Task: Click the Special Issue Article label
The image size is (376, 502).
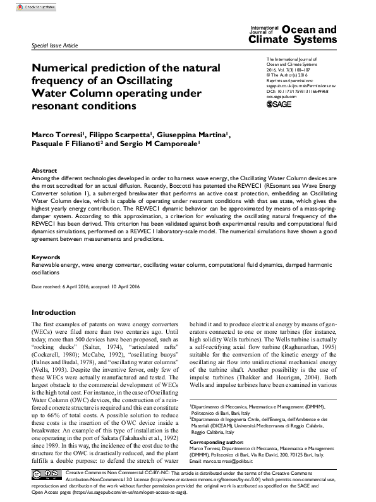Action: (55, 47)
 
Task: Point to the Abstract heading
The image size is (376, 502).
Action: (44, 171)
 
